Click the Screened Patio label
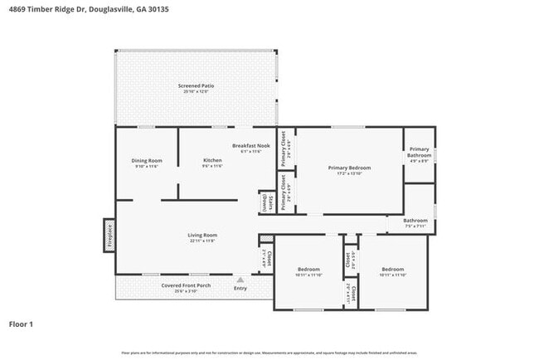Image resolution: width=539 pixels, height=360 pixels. [x=197, y=85]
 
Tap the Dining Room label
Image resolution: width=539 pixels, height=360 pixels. [x=146, y=160]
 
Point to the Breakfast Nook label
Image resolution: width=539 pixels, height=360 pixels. [x=250, y=146]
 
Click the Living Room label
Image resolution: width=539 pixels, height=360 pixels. [x=201, y=235]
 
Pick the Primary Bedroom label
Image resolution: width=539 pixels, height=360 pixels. [x=348, y=168]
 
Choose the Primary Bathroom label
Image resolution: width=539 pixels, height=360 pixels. [x=419, y=153]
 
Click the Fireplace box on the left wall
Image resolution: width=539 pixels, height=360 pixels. [x=108, y=235]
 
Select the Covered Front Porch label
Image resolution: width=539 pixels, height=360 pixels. [x=186, y=285]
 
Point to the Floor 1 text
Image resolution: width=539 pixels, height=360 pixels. [x=21, y=324]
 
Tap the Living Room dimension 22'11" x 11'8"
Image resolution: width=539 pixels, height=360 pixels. [x=201, y=241]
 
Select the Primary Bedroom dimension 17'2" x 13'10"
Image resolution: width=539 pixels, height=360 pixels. [x=348, y=173]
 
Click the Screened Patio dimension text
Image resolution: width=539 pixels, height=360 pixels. [x=197, y=91]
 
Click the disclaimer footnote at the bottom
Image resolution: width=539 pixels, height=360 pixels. [x=269, y=353]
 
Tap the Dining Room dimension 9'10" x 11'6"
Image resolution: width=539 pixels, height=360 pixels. [x=146, y=166]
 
